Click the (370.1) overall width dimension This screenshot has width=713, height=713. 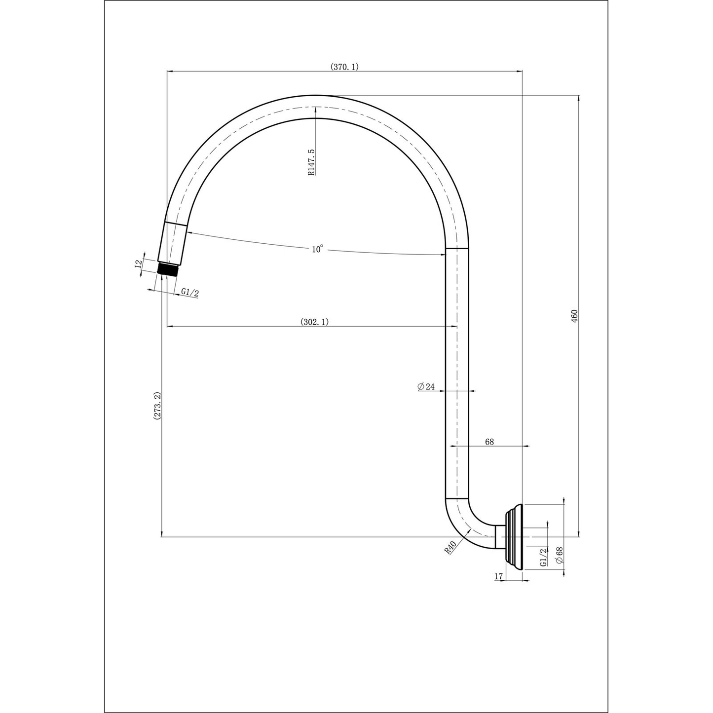point(344,67)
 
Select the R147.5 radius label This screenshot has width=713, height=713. point(311,162)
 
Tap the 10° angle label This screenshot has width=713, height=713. point(318,249)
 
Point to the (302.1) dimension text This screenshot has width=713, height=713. point(314,322)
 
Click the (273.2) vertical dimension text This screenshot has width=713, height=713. point(156,406)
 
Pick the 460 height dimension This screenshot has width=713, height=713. point(574,316)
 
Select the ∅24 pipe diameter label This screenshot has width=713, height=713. point(425,387)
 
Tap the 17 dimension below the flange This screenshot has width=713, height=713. point(498,576)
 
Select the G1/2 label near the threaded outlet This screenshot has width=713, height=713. point(189,293)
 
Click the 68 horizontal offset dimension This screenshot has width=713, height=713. point(489,442)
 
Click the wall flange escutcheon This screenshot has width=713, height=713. point(515,536)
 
